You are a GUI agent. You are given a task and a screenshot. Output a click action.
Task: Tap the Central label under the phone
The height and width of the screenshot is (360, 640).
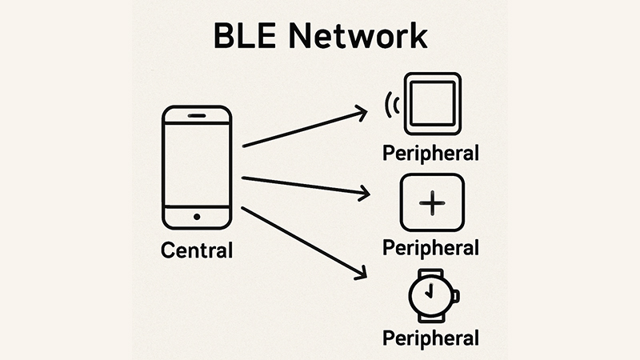[197, 250]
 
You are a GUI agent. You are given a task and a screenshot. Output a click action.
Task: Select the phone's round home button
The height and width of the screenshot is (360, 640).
[197, 217]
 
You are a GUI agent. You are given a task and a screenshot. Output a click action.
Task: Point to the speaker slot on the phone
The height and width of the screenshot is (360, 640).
[197, 116]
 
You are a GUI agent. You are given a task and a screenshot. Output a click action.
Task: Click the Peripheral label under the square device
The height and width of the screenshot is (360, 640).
[431, 152]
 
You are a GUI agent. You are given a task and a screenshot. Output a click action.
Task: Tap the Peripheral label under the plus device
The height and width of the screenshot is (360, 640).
[431, 247]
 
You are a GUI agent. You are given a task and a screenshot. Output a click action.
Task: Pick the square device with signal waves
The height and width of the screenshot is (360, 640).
[433, 103]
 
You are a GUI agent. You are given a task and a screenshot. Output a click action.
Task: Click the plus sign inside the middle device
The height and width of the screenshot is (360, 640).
[432, 203]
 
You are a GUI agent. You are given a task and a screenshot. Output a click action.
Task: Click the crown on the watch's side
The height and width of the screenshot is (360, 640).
[456, 295]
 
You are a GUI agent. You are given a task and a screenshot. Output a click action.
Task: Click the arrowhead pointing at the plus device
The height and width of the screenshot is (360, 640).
[365, 193]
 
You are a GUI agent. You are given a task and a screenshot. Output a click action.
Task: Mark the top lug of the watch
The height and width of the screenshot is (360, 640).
[430, 272]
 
